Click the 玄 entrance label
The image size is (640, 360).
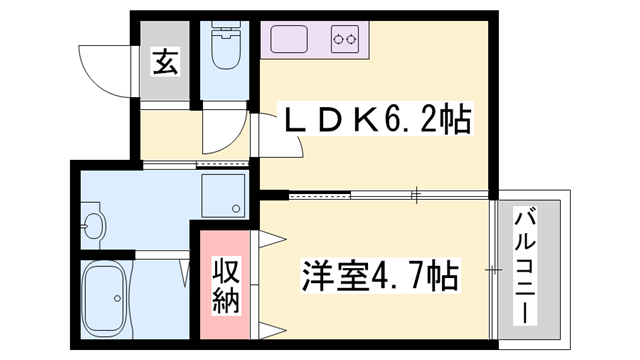165,61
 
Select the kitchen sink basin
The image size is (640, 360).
294,41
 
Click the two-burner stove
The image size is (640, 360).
346,41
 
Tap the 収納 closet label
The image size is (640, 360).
227,286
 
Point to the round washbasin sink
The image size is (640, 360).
93,224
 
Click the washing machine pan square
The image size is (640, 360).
222,196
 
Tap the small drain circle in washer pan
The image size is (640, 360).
236,210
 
